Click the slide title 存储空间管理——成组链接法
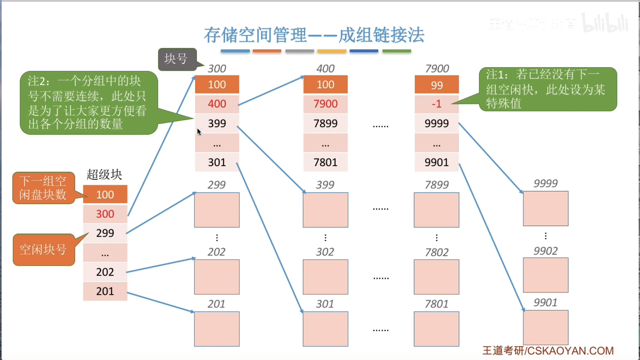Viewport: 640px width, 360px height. [x=314, y=35]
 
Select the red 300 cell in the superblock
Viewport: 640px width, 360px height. [x=105, y=214]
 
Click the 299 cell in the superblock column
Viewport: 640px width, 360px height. [x=105, y=233]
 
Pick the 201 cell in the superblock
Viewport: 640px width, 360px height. [x=105, y=291]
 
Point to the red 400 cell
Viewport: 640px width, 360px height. [x=217, y=104]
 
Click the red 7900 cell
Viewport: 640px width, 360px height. [x=325, y=104]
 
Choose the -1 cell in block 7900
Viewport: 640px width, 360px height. [x=437, y=104]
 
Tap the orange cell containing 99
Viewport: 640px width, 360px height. [x=437, y=85]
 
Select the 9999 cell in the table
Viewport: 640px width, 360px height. [x=437, y=123]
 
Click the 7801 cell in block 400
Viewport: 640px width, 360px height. [x=325, y=162]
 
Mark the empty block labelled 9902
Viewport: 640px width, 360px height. [x=546, y=275]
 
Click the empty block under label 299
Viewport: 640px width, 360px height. [x=217, y=210]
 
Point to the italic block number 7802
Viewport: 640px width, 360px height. [x=437, y=252]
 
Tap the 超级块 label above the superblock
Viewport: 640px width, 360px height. [x=104, y=175]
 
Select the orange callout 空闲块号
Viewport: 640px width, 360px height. [x=44, y=250]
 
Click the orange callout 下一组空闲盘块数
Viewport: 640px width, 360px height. [x=43, y=188]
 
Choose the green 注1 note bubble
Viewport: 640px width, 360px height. [x=548, y=89]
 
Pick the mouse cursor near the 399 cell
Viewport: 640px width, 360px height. [x=199, y=132]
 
